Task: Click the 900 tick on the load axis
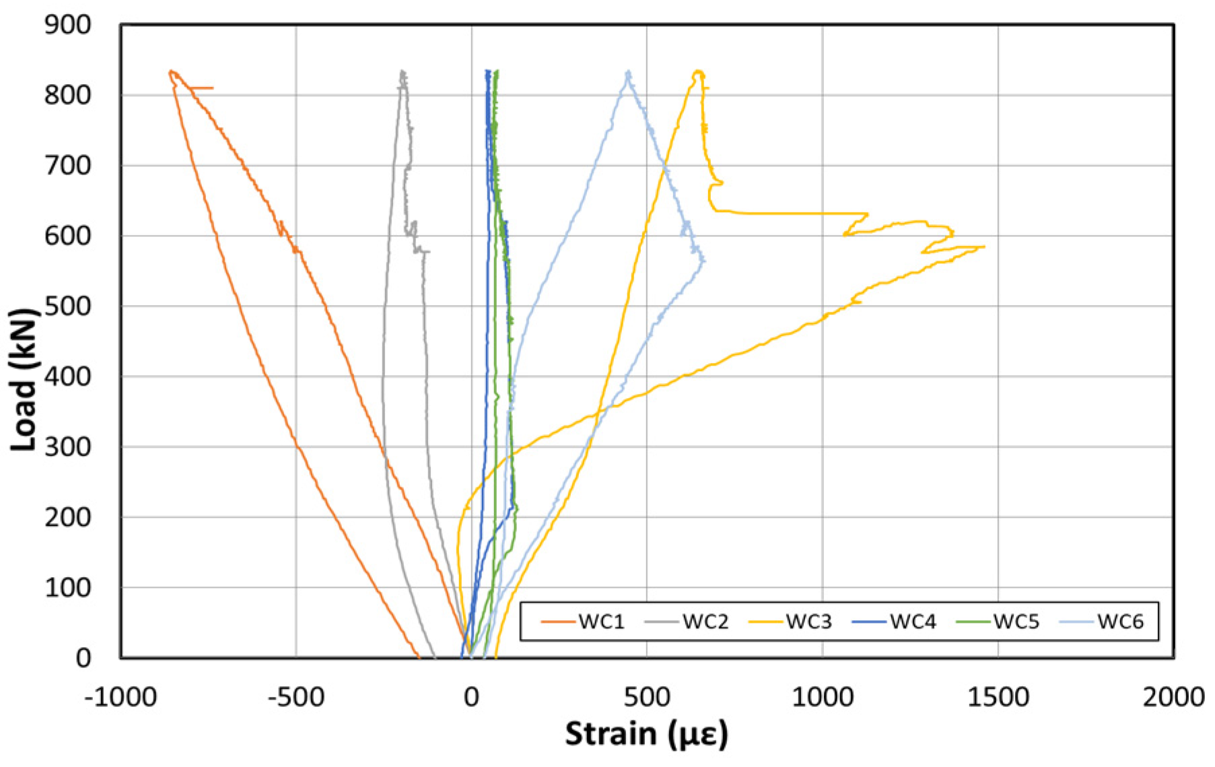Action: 67,25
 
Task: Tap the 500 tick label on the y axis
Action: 67,306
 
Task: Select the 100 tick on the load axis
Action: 67,588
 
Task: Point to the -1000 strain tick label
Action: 120,697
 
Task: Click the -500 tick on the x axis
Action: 296,697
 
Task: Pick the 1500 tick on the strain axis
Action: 998,697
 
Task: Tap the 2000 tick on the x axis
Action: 1173,697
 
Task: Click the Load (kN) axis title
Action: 23,380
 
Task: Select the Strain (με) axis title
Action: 646,734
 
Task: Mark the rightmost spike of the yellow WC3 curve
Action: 984,247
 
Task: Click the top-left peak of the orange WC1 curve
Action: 171,71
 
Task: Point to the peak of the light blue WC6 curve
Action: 628,71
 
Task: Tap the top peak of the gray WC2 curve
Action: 403,71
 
